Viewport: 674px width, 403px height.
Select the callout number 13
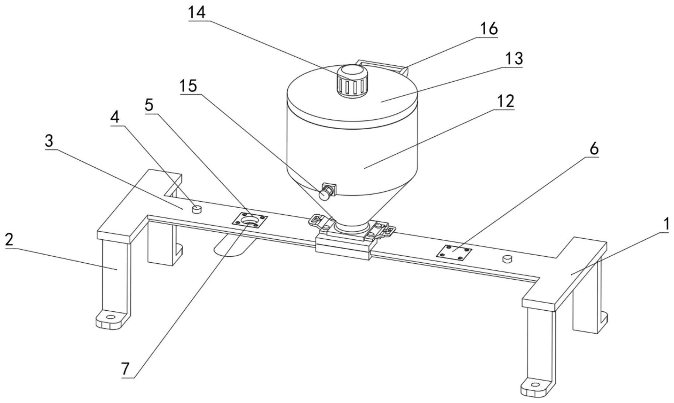pyautogui.click(x=514, y=58)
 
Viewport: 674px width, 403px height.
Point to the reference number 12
pyautogui.click(x=505, y=100)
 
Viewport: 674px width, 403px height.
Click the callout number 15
pyautogui.click(x=189, y=86)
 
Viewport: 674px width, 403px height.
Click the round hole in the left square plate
pyautogui.click(x=250, y=221)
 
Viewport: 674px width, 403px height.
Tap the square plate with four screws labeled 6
pyautogui.click(x=454, y=253)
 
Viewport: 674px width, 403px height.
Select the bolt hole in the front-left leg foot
pyautogui.click(x=110, y=317)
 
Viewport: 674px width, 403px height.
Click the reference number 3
pyautogui.click(x=49, y=141)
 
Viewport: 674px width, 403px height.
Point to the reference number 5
pyautogui.click(x=149, y=105)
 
